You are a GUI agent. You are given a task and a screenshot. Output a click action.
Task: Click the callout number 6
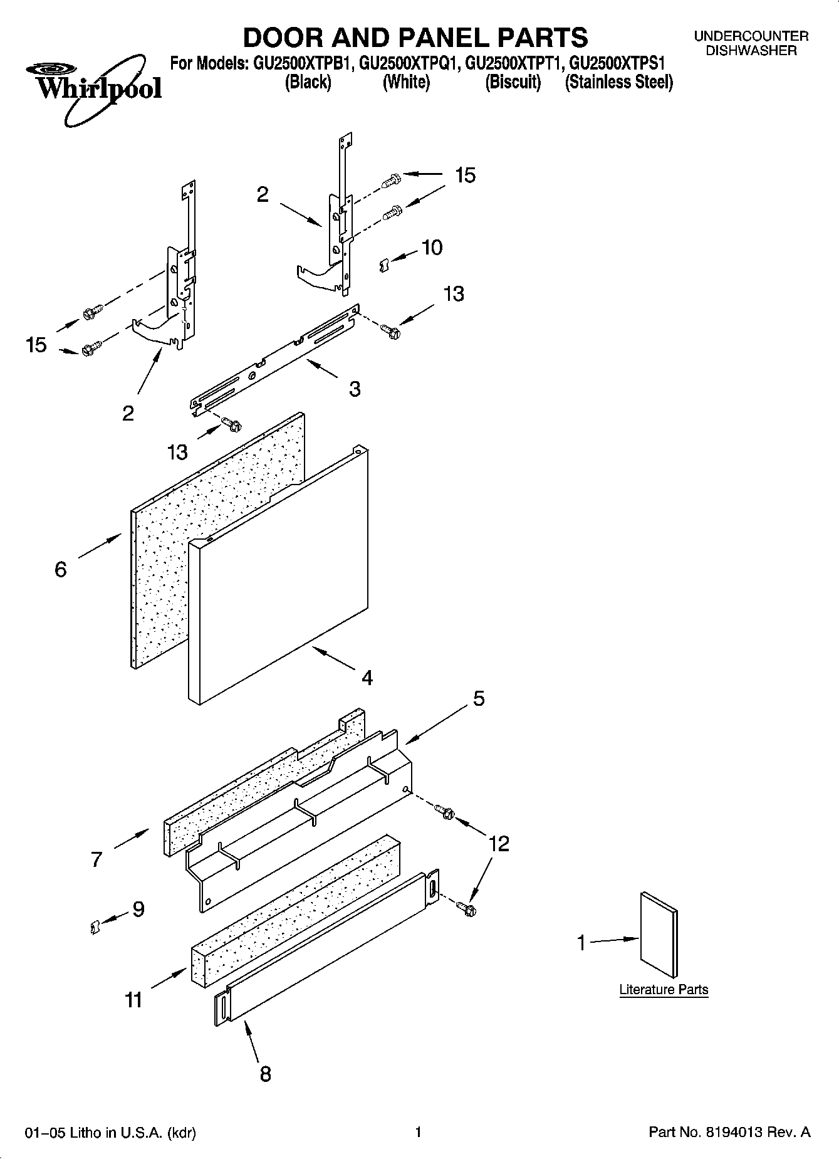point(61,569)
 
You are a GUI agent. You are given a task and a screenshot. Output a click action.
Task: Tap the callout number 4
point(367,678)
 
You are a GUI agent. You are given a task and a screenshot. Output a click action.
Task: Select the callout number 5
point(479,698)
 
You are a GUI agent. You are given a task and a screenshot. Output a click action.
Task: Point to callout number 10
point(432,248)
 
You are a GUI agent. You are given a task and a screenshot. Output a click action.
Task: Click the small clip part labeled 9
point(95,926)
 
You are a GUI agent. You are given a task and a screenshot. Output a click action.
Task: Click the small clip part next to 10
point(385,266)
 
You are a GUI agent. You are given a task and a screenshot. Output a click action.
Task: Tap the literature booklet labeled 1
point(658,935)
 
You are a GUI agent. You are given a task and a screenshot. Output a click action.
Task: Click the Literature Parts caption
point(664,990)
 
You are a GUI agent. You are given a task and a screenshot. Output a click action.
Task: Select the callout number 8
point(265,1074)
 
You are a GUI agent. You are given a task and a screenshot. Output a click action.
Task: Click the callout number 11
point(133,1000)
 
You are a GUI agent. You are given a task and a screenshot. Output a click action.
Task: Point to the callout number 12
point(499,844)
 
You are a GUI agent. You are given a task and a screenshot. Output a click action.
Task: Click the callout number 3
point(355,389)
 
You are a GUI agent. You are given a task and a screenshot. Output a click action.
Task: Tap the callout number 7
point(96,859)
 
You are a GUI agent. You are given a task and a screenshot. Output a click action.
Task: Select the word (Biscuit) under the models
point(513,82)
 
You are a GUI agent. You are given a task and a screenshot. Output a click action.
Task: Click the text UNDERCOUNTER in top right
point(751,36)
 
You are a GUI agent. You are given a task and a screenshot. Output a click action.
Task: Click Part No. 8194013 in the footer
point(729,1132)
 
